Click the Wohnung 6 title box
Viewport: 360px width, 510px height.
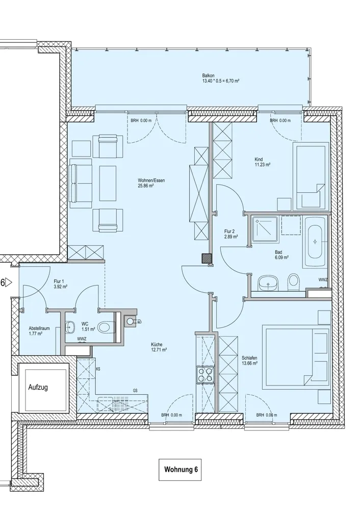click(x=180, y=469)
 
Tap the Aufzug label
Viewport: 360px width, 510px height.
click(x=38, y=387)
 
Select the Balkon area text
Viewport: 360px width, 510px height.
click(x=220, y=78)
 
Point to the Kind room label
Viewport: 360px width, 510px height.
click(x=263, y=162)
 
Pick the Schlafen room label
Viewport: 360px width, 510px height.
click(x=249, y=361)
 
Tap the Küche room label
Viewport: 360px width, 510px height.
click(x=159, y=347)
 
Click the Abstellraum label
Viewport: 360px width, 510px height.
click(x=39, y=331)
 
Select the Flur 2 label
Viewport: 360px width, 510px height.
click(x=230, y=234)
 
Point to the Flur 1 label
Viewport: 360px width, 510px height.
click(x=61, y=284)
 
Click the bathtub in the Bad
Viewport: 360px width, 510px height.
click(x=315, y=242)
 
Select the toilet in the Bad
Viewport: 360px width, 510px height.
click(x=293, y=282)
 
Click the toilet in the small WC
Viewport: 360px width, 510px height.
click(x=107, y=327)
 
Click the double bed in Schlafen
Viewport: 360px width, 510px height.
click(x=297, y=359)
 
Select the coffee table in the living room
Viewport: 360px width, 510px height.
click(x=108, y=183)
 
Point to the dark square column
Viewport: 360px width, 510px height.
click(x=206, y=258)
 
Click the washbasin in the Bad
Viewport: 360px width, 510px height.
click(x=268, y=283)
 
